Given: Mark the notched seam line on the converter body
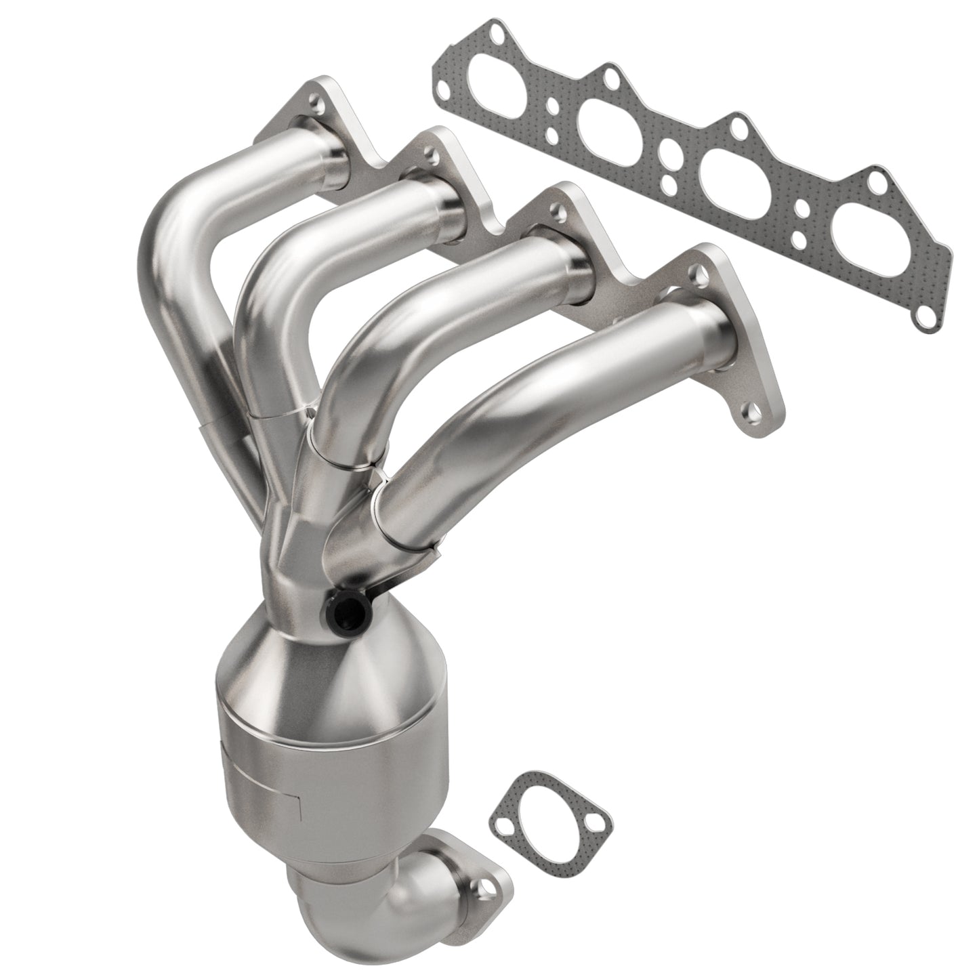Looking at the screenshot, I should click(298, 806).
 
